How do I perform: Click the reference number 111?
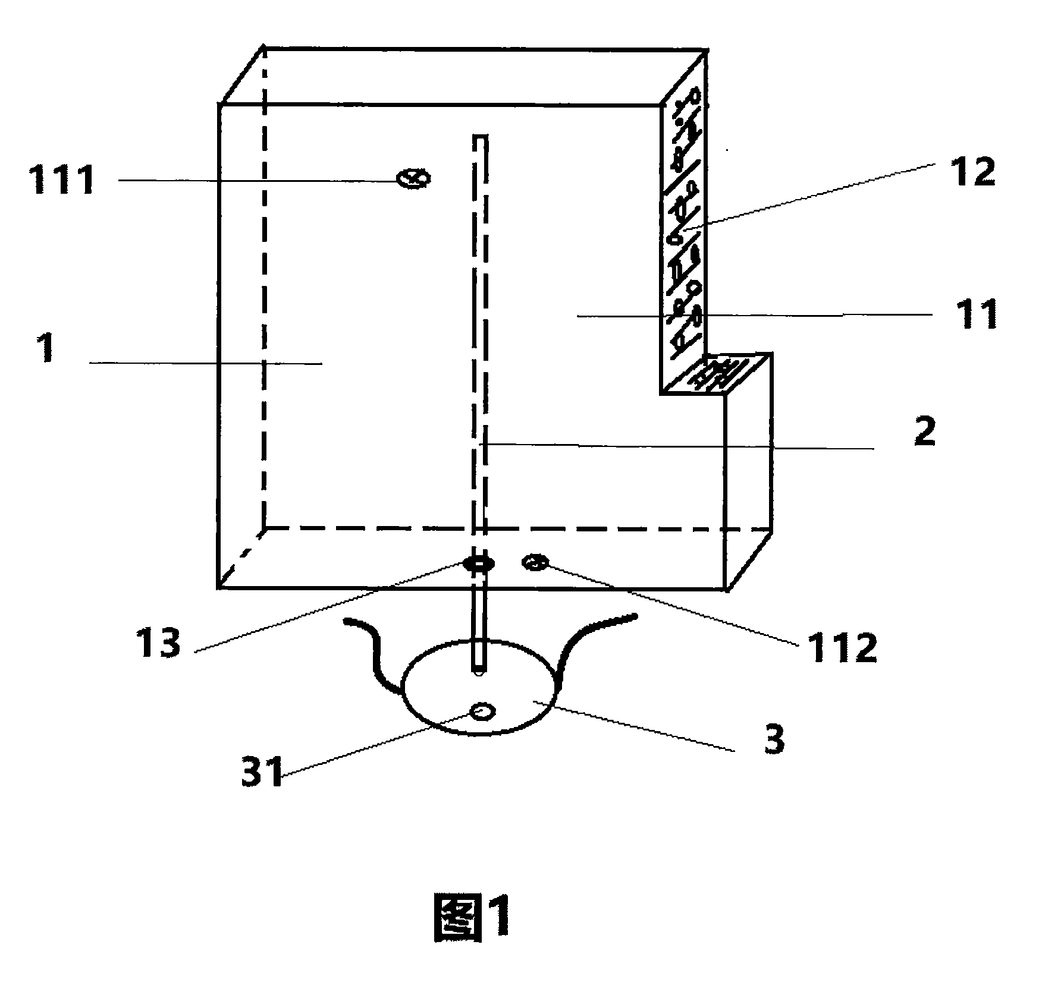point(62,180)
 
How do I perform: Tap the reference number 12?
point(973,172)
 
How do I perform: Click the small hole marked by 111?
point(413,178)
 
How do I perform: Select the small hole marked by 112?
point(535,562)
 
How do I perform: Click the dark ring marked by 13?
point(479,563)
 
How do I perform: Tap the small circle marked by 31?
point(482,711)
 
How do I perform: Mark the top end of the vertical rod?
point(480,136)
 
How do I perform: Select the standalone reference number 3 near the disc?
point(774,739)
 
